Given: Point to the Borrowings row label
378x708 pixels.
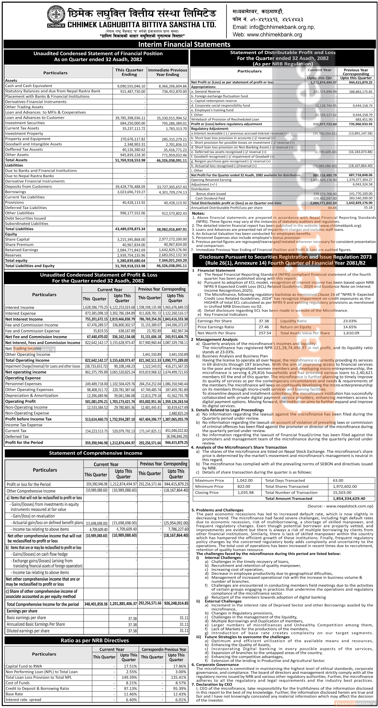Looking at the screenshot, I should pos(16,192).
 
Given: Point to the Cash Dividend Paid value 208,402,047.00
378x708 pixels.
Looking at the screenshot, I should pos(325,198).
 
